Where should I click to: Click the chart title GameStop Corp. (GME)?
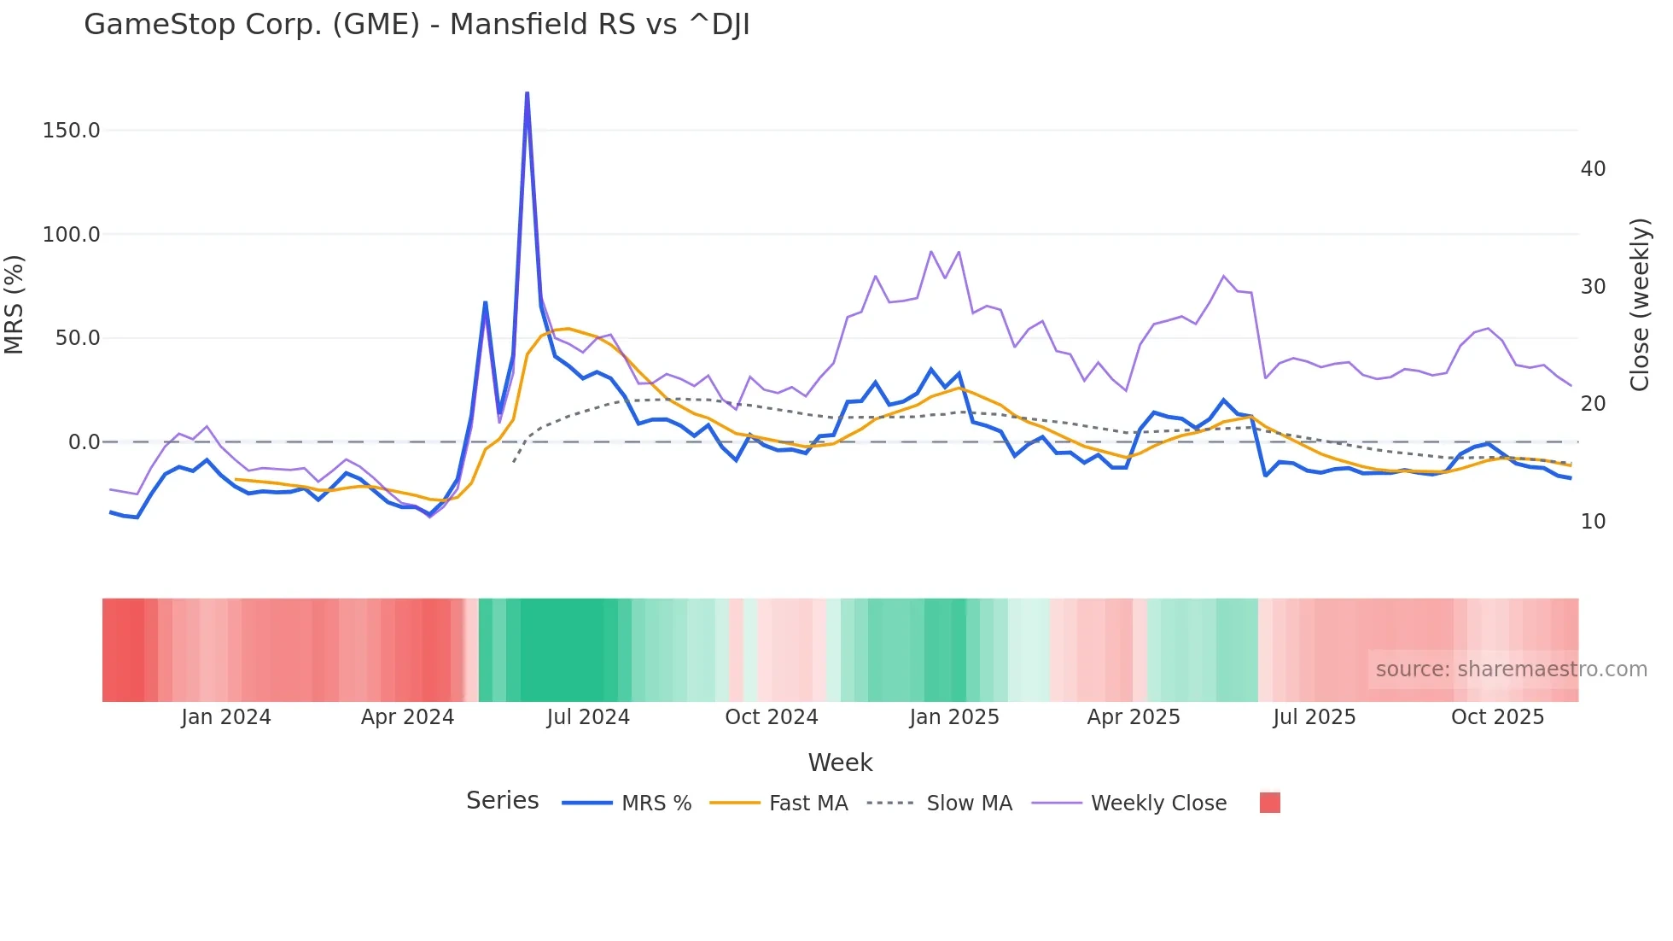click(417, 24)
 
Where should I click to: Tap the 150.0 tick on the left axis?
click(71, 131)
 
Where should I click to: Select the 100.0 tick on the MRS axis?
click(71, 234)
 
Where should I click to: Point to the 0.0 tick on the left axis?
click(84, 442)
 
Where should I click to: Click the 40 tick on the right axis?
click(1593, 169)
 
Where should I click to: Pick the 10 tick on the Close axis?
click(1593, 522)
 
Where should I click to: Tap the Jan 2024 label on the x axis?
click(225, 717)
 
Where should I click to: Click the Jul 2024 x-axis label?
click(588, 717)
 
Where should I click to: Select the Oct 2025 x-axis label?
click(1497, 717)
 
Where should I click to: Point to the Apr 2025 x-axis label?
click(1133, 717)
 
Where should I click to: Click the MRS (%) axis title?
click(14, 305)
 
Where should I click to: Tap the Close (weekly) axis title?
click(1640, 305)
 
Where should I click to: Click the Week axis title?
click(840, 763)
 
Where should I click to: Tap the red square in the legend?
click(1269, 803)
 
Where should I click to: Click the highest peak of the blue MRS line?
click(527, 93)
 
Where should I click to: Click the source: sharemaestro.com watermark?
click(1511, 669)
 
